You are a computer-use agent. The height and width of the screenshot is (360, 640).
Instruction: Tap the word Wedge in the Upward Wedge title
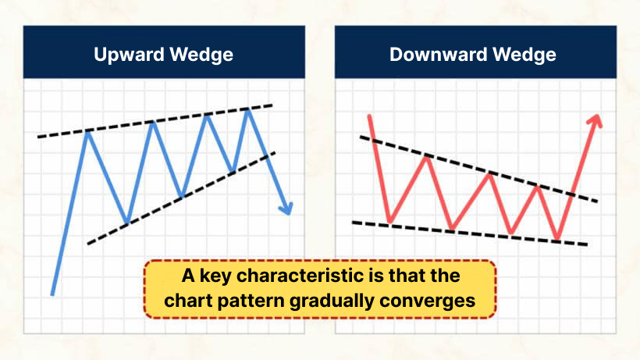(x=206, y=55)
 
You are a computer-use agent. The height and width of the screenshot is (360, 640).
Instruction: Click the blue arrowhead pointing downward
(x=287, y=208)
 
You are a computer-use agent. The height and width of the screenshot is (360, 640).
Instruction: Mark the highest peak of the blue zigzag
(x=249, y=110)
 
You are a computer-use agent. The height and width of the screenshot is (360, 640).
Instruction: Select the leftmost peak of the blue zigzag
(x=88, y=132)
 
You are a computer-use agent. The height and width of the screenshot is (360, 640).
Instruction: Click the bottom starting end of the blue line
(x=52, y=294)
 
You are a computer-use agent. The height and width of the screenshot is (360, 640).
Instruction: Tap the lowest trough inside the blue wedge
(x=126, y=223)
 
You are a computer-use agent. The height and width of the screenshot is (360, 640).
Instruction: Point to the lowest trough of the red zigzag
(x=557, y=238)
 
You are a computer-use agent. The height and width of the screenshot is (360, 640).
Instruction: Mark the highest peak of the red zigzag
(x=427, y=156)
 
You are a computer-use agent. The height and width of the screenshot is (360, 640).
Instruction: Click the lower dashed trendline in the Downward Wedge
(x=468, y=233)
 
